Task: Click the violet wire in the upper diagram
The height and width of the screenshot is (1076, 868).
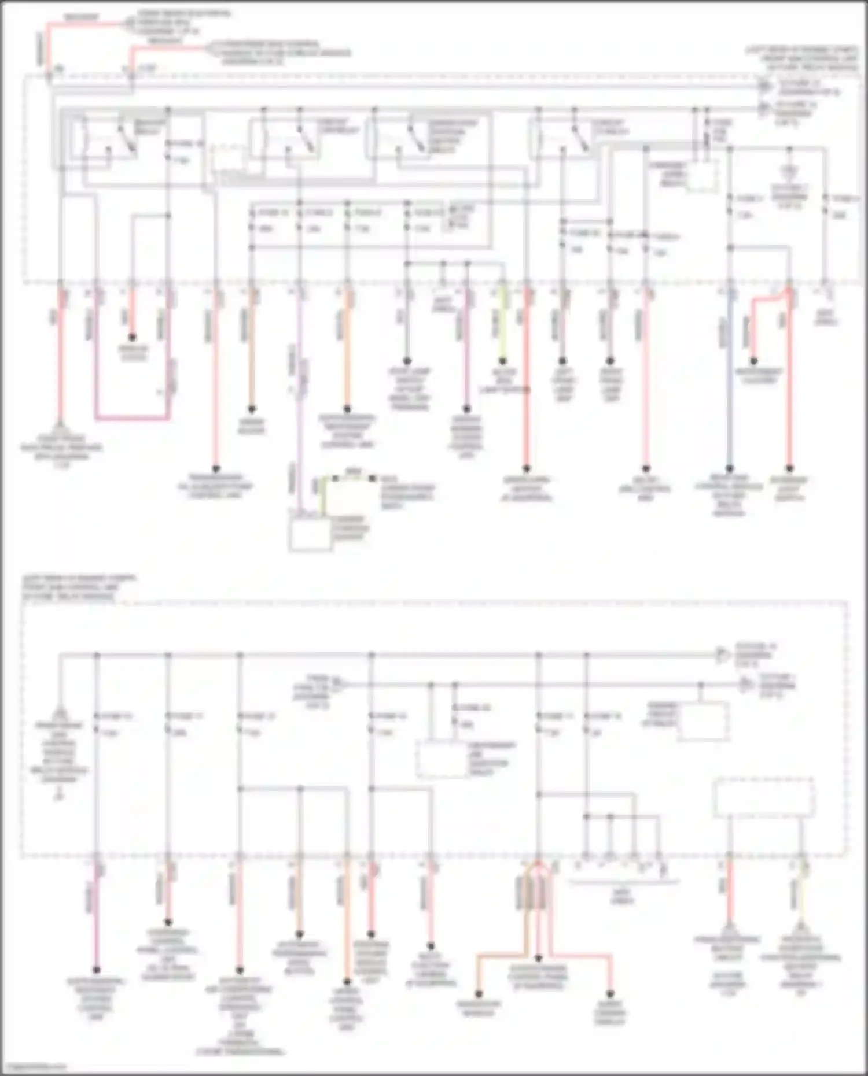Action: pos(300,405)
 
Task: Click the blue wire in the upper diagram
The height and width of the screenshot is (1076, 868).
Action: pos(730,393)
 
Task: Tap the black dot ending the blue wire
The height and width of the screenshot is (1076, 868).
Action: pos(730,469)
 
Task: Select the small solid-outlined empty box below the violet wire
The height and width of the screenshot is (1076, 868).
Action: pos(310,535)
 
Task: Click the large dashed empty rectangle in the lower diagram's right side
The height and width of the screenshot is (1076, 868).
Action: pos(764,797)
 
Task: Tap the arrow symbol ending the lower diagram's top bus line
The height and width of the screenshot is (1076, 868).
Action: pos(721,655)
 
